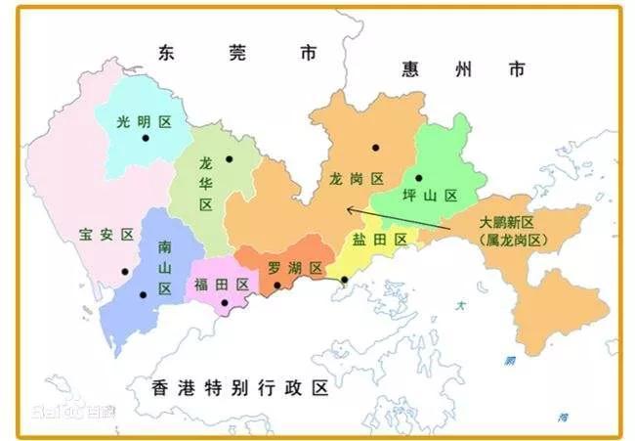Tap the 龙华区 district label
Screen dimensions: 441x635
point(206,183)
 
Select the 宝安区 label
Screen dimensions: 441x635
point(106,235)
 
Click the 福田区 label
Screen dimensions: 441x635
point(222,285)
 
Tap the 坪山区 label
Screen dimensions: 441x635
point(431,196)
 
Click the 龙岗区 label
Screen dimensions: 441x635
point(357,178)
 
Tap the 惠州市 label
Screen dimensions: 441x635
point(463,68)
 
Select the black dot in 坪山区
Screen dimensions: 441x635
point(418,178)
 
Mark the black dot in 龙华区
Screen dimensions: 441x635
point(230,159)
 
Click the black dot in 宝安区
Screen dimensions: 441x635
point(124,272)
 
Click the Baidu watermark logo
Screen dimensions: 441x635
point(71,411)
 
